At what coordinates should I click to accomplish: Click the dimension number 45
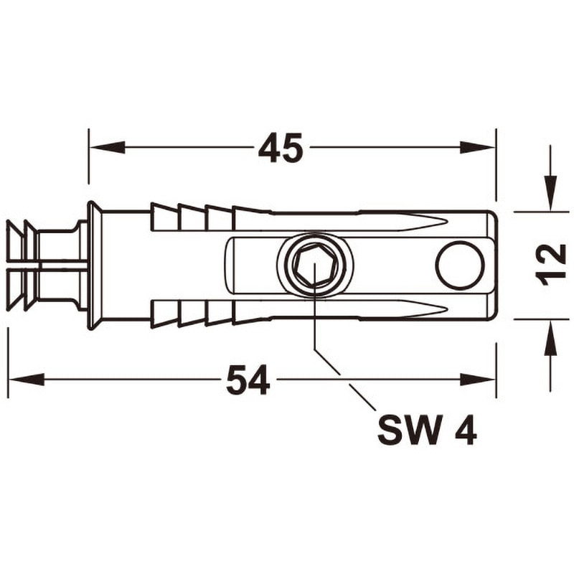coord(281,148)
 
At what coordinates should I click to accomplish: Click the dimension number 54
coord(248,380)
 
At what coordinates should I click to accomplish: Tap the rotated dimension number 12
coord(550,265)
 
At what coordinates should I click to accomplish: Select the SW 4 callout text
coord(427,430)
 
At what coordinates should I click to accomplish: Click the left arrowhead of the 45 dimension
coord(107,147)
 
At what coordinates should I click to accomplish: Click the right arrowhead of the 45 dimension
coord(478,147)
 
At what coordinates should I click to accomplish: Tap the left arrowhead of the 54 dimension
coord(27,380)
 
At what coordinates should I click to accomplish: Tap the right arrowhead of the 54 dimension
coord(478,380)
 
